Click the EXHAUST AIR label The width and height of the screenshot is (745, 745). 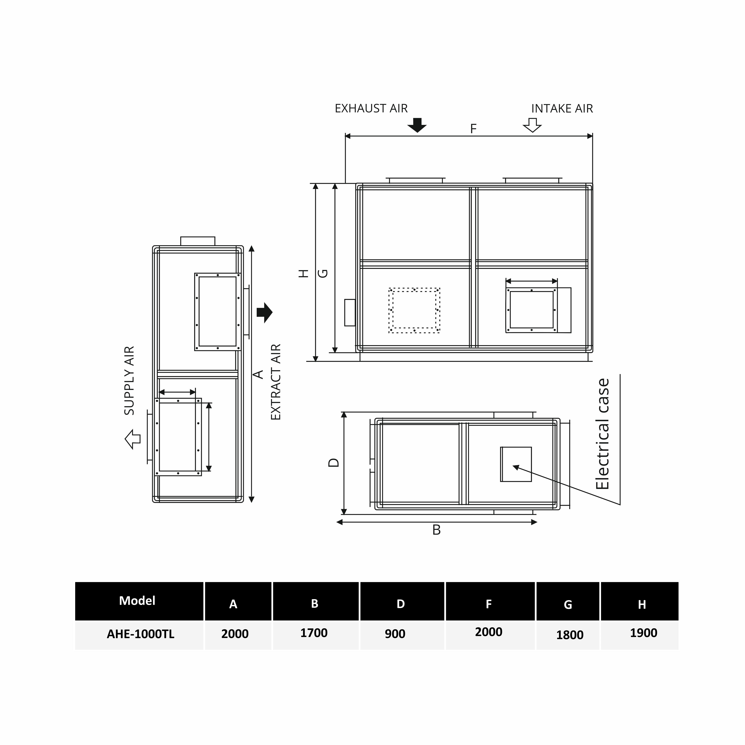coord(371,109)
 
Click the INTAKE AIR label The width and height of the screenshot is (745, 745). coord(562,109)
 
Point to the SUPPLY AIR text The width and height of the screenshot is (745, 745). coord(129,381)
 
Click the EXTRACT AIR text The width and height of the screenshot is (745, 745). coord(276,382)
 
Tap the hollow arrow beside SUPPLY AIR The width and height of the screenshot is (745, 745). coord(133,439)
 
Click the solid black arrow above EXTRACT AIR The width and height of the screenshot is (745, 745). coord(265,312)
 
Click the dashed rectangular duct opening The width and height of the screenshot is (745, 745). coord(415,310)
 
